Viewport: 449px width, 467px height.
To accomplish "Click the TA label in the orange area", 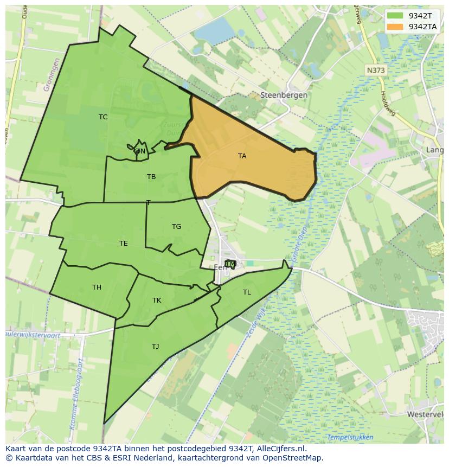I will [242, 156].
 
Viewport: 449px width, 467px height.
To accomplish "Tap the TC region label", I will [103, 117].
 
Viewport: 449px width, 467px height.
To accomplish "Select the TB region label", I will [151, 177].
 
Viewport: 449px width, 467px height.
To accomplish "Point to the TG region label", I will [176, 227].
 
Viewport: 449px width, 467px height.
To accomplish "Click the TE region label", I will [124, 244].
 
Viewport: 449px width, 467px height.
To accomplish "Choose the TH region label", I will [97, 287].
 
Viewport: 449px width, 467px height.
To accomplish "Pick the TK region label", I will [157, 300].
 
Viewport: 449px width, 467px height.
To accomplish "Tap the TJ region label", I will [156, 346].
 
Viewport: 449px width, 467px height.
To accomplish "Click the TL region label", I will [247, 292].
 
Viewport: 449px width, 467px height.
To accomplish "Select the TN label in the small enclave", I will [140, 151].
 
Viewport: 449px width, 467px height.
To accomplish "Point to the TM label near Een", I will [230, 264].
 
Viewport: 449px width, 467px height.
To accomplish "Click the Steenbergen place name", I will [284, 95].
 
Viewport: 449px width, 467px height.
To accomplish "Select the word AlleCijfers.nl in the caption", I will [280, 449].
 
